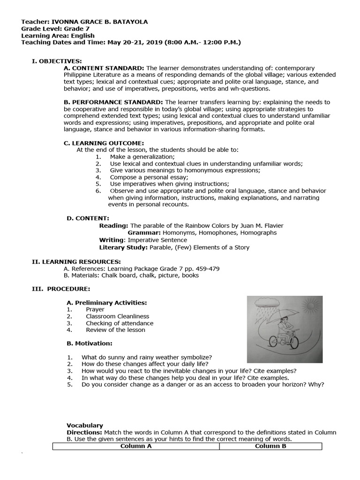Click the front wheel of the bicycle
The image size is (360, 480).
click(x=295, y=339)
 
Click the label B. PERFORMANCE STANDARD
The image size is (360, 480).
click(x=113, y=102)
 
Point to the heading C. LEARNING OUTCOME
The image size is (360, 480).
click(x=104, y=143)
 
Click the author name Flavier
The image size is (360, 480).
click(x=271, y=225)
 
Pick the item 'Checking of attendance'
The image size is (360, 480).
click(x=120, y=323)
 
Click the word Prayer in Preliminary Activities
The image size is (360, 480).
click(x=95, y=309)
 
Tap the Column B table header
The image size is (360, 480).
click(x=270, y=446)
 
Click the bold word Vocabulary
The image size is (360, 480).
click(x=84, y=425)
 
